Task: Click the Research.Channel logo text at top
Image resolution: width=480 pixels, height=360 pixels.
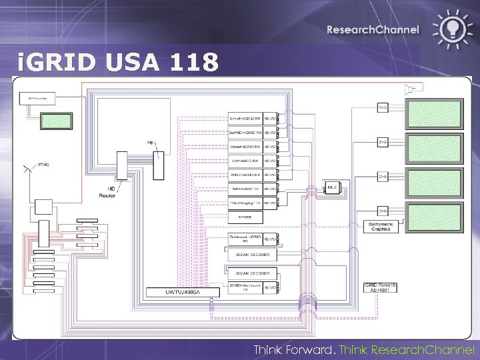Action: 373,29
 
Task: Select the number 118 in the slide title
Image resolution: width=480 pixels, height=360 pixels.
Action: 194,63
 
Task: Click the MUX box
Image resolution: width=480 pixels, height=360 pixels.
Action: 332,188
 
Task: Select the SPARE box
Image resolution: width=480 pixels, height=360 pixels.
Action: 245,217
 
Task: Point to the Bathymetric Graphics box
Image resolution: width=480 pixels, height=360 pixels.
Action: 379,227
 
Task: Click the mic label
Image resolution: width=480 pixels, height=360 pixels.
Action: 43,163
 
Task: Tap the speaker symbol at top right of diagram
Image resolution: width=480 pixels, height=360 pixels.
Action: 410,88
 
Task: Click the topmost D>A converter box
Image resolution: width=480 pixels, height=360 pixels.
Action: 383,107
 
